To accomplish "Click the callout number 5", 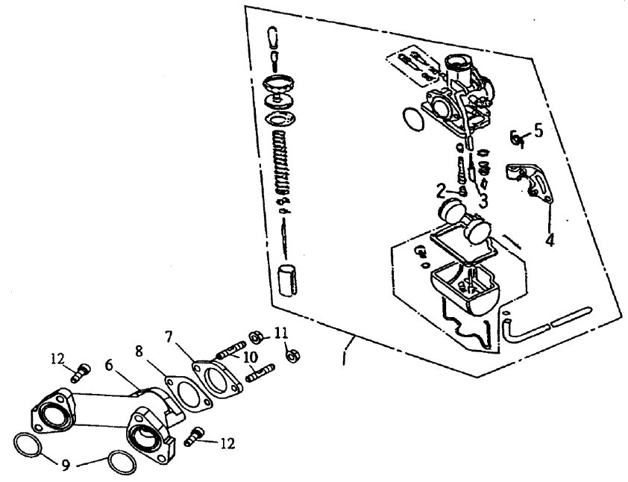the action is point(538,131).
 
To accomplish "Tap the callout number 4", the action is point(550,240).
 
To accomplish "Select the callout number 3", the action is point(483,201).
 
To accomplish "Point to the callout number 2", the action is point(441,192).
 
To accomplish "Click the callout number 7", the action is point(169,337).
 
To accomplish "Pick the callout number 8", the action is point(139,351).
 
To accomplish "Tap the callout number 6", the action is point(108,365).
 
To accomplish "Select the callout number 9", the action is point(66,464).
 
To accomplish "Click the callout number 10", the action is point(251,357).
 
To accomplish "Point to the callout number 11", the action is point(281,332).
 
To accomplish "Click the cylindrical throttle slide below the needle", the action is point(288,281).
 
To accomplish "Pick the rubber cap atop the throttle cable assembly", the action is point(273,37).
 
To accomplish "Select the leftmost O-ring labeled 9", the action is point(28,445).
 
